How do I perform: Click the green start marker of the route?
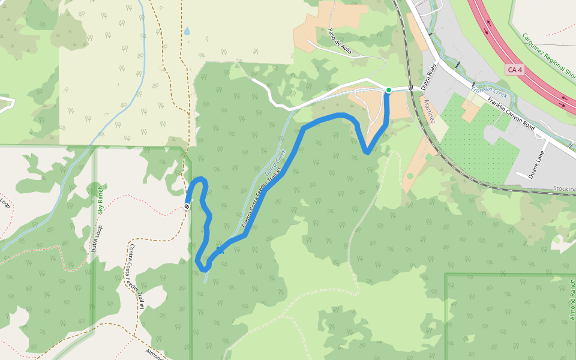[388, 90]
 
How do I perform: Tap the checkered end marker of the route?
[187, 207]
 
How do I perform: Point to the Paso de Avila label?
[340, 41]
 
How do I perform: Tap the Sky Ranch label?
[101, 200]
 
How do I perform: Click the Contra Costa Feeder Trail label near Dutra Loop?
[137, 276]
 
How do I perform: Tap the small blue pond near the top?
[187, 31]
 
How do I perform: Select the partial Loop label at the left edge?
[5, 206]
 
